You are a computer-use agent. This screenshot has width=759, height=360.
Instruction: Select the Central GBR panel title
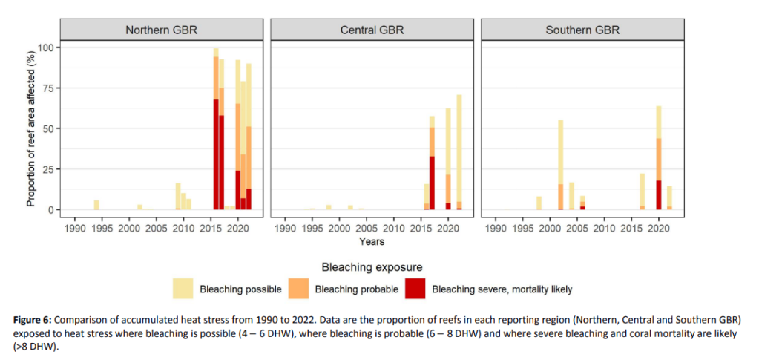coord(372,30)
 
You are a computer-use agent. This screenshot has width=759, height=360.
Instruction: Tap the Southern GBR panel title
coord(582,30)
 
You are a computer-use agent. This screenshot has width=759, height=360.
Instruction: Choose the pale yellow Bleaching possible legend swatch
coord(183,288)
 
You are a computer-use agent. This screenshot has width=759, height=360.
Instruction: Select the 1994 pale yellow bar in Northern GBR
coord(96,205)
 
